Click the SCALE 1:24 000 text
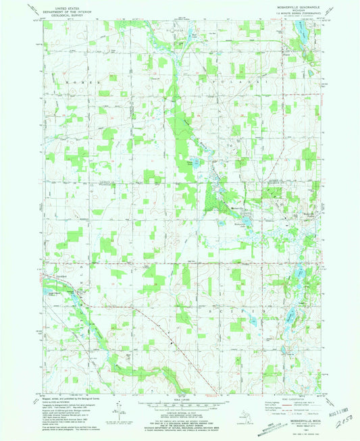coord(180,395)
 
